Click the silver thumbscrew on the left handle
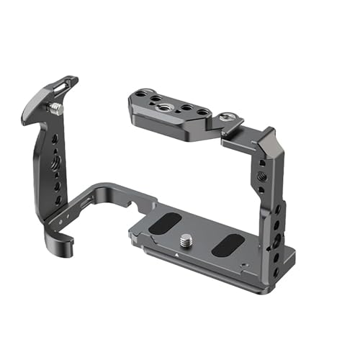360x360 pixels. [x=55, y=108]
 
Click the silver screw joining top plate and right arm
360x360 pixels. [x=228, y=116]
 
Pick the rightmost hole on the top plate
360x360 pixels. [x=204, y=112]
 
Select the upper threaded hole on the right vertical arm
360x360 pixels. [x=260, y=175]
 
